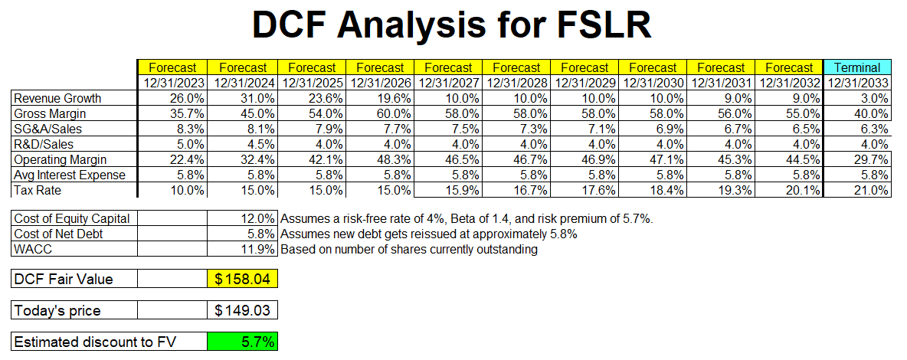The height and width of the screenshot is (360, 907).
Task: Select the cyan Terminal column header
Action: click(857, 67)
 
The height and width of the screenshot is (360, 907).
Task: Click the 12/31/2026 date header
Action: click(380, 83)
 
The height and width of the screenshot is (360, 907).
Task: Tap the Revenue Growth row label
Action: click(57, 99)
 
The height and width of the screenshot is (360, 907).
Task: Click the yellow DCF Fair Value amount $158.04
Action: click(242, 280)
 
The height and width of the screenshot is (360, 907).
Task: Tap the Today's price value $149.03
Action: click(242, 310)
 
